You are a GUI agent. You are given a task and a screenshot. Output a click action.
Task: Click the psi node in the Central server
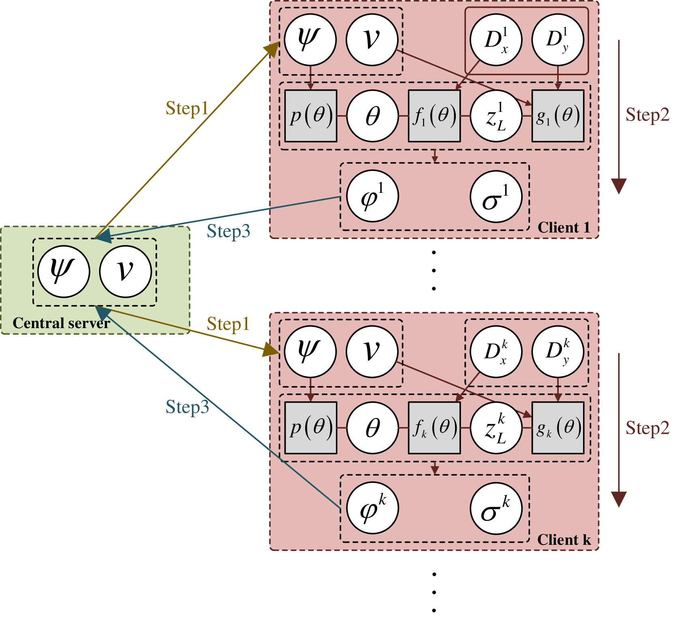pyautogui.click(x=64, y=271)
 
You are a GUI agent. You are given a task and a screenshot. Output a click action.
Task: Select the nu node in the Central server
pyautogui.click(x=126, y=271)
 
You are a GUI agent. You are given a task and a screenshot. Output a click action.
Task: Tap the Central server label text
pyautogui.click(x=61, y=323)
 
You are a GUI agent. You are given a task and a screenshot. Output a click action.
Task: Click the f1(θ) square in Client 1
pyautogui.click(x=434, y=116)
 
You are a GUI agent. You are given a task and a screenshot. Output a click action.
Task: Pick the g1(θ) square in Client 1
pyautogui.click(x=558, y=116)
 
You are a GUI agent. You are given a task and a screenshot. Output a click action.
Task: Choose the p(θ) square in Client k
pyautogui.click(x=311, y=428)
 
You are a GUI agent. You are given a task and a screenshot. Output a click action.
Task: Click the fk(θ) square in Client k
pyautogui.click(x=434, y=428)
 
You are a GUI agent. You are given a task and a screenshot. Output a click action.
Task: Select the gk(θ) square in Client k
pyautogui.click(x=558, y=428)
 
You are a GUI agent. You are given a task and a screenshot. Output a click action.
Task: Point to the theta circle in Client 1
pyautogui.click(x=373, y=116)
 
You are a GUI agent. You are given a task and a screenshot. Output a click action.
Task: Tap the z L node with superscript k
pyautogui.click(x=496, y=428)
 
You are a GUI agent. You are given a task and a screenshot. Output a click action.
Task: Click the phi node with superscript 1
pyautogui.click(x=373, y=196)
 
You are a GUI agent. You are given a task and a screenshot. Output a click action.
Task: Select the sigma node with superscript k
pyautogui.click(x=496, y=508)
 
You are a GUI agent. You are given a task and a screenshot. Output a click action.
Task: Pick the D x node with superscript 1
pyautogui.click(x=496, y=40)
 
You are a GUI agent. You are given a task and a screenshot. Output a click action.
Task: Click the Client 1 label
pyautogui.click(x=564, y=228)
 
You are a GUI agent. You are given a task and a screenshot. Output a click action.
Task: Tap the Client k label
pyautogui.click(x=564, y=540)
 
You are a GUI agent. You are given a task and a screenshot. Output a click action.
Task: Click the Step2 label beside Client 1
pyautogui.click(x=647, y=115)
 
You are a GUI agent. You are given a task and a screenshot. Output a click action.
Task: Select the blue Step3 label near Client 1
pyautogui.click(x=228, y=231)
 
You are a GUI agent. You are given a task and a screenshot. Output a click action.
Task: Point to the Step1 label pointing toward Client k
pyautogui.click(x=228, y=324)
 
